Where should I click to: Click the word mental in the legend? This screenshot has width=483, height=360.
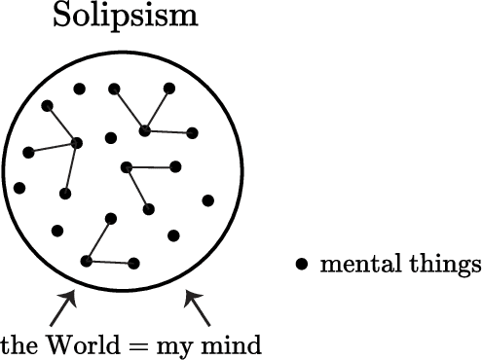(355, 264)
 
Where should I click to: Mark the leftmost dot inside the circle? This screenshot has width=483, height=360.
(19, 188)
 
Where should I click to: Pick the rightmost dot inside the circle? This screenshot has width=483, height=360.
(207, 200)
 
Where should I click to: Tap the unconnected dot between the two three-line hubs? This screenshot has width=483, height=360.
(111, 137)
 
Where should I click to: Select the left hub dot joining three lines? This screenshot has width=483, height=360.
(77, 143)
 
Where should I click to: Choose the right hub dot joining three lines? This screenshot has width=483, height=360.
(144, 129)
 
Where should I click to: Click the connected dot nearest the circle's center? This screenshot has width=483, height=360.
(127, 167)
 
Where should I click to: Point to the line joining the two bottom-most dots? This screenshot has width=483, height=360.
(110, 262)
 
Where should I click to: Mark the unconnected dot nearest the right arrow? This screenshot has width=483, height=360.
(174, 234)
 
